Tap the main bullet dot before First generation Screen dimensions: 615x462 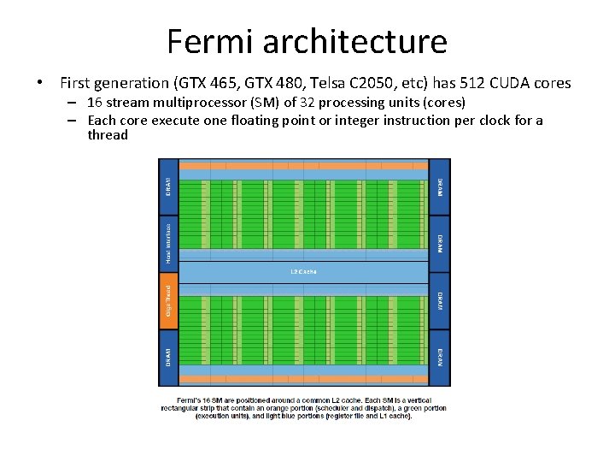39,84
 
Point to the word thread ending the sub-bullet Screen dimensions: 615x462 108,134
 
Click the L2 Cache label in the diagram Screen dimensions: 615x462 303,272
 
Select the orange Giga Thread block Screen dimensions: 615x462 168,300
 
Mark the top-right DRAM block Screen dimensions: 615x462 439,186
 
